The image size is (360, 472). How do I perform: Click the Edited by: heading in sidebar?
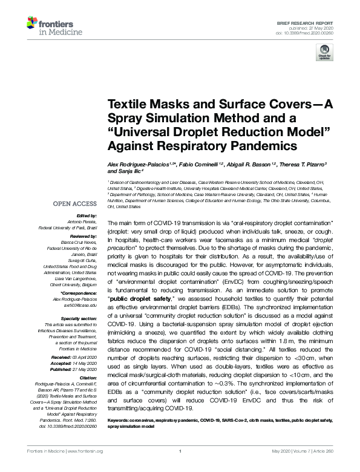(x=87, y=215)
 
